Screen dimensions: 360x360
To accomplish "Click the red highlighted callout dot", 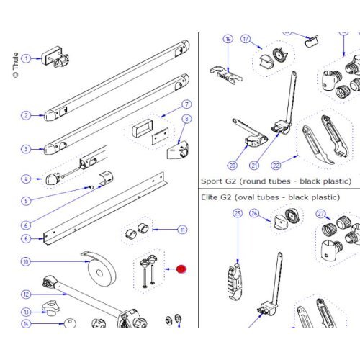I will [x=181, y=269].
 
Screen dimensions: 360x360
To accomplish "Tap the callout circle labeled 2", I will [x=26, y=115].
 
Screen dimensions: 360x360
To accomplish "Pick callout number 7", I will [x=186, y=104].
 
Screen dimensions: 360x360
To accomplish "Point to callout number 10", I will [x=26, y=262].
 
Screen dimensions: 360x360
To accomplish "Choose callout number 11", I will [x=183, y=230].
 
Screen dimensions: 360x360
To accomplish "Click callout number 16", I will [x=228, y=39].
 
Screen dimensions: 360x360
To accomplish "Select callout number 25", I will [x=237, y=213].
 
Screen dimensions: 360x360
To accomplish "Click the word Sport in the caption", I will [x=212, y=181].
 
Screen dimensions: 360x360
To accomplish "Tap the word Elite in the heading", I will [x=212, y=196].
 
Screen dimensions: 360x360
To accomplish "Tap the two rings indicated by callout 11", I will [x=138, y=232].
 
